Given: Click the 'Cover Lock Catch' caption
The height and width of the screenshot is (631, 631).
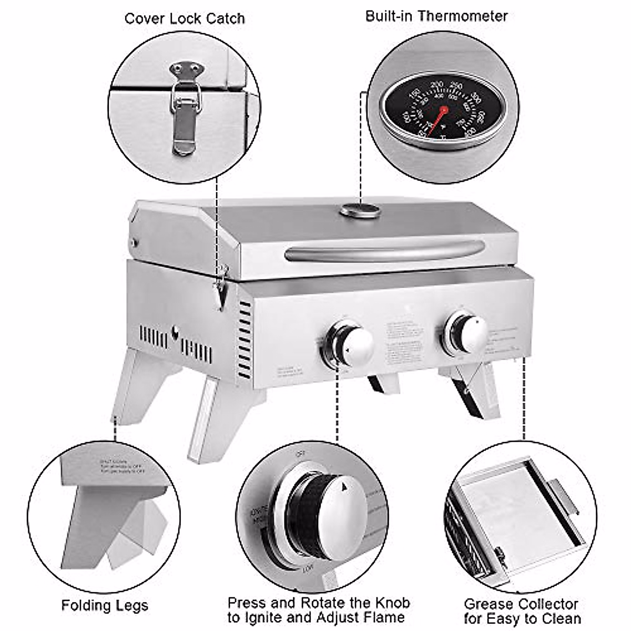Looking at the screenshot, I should click(185, 19).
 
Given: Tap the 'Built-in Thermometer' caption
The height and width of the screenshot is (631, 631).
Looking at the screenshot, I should click(436, 16).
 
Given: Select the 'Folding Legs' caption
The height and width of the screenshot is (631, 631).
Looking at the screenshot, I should click(105, 605).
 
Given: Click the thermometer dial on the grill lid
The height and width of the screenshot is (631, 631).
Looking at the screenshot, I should click(360, 211).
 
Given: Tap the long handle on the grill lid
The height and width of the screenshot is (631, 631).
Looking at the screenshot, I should click(384, 251).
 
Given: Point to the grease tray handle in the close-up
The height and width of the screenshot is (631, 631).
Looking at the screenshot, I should click(565, 497).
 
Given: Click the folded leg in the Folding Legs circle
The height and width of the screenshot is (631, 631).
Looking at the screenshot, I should click(131, 531).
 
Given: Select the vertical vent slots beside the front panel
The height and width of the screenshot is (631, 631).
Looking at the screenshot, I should click(245, 339).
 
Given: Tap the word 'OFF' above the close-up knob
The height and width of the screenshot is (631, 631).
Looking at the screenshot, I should click(301, 454).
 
